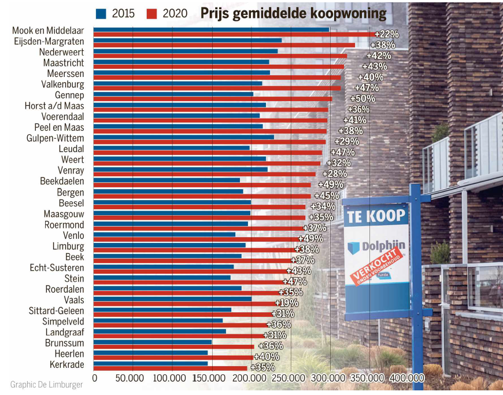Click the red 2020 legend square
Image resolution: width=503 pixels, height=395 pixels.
[153, 13]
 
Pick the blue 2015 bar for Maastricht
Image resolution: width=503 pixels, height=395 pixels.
[181, 62]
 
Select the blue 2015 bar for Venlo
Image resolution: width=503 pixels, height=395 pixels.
[164, 234]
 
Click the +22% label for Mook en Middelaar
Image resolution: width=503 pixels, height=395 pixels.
[386, 34]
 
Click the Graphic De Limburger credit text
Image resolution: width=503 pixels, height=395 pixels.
[46, 385]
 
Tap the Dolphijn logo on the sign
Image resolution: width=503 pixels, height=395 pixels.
[376, 247]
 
